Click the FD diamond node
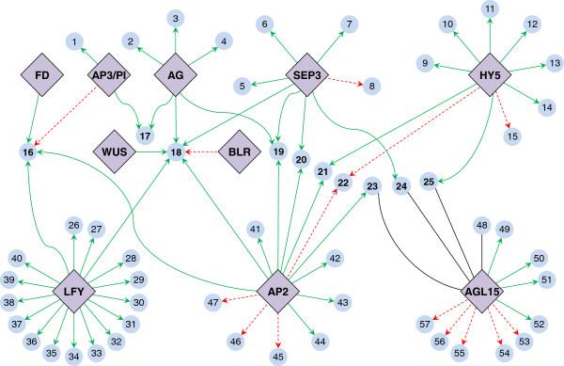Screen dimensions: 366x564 pos(42,74)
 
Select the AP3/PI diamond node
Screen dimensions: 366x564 pos(110,74)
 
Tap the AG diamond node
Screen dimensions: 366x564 pos(176,74)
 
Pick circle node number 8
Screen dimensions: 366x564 pos(373,86)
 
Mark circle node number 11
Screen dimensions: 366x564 pos(489,9)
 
